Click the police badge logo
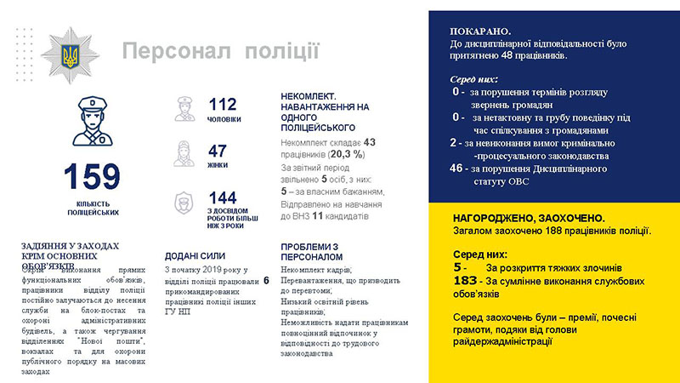point(68,51)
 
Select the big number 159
point(91,177)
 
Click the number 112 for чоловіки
point(222,105)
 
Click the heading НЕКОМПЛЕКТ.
point(309,98)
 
